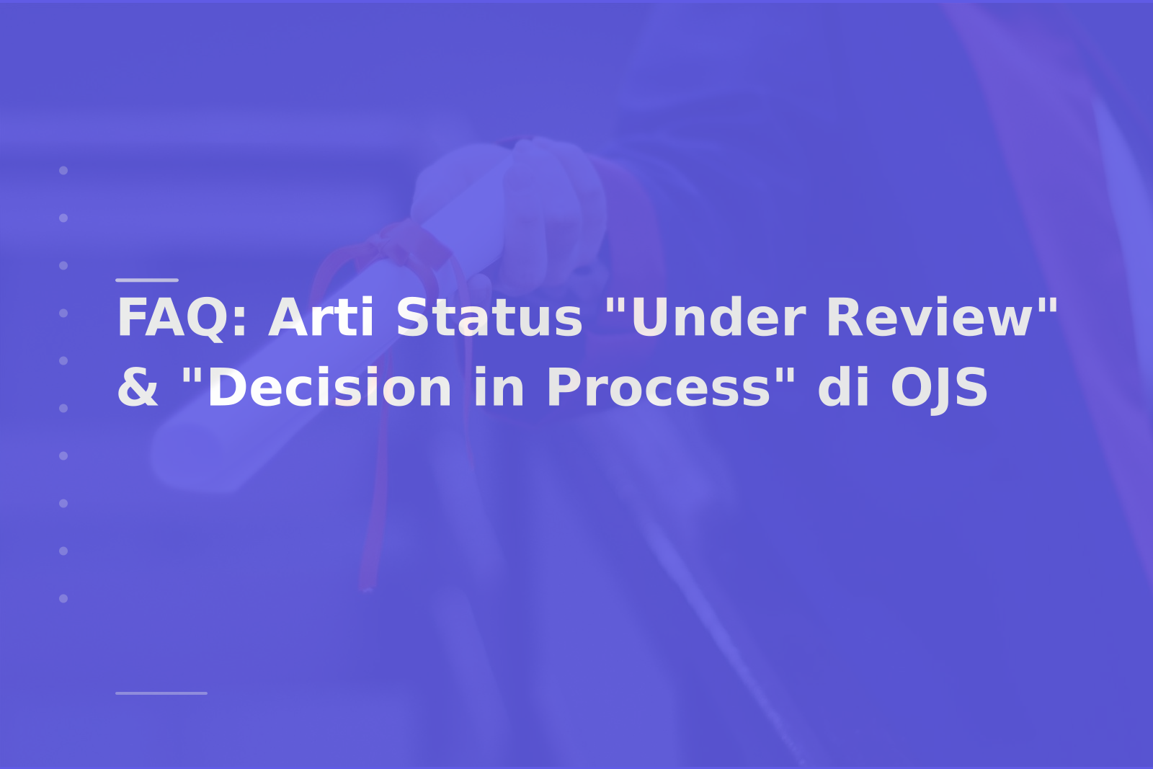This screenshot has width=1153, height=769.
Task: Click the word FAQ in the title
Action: click(177, 318)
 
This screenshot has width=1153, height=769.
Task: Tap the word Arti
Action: click(321, 317)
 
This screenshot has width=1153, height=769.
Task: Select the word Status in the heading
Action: click(489, 318)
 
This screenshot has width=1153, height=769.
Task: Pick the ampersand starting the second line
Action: click(138, 388)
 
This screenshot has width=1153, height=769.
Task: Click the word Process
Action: click(659, 388)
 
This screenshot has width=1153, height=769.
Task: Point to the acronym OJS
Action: click(940, 389)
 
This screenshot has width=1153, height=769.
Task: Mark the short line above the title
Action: click(147, 280)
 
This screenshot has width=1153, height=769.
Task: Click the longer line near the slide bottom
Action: click(161, 693)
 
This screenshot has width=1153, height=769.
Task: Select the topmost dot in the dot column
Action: click(63, 170)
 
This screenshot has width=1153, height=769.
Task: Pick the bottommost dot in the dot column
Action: click(63, 598)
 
